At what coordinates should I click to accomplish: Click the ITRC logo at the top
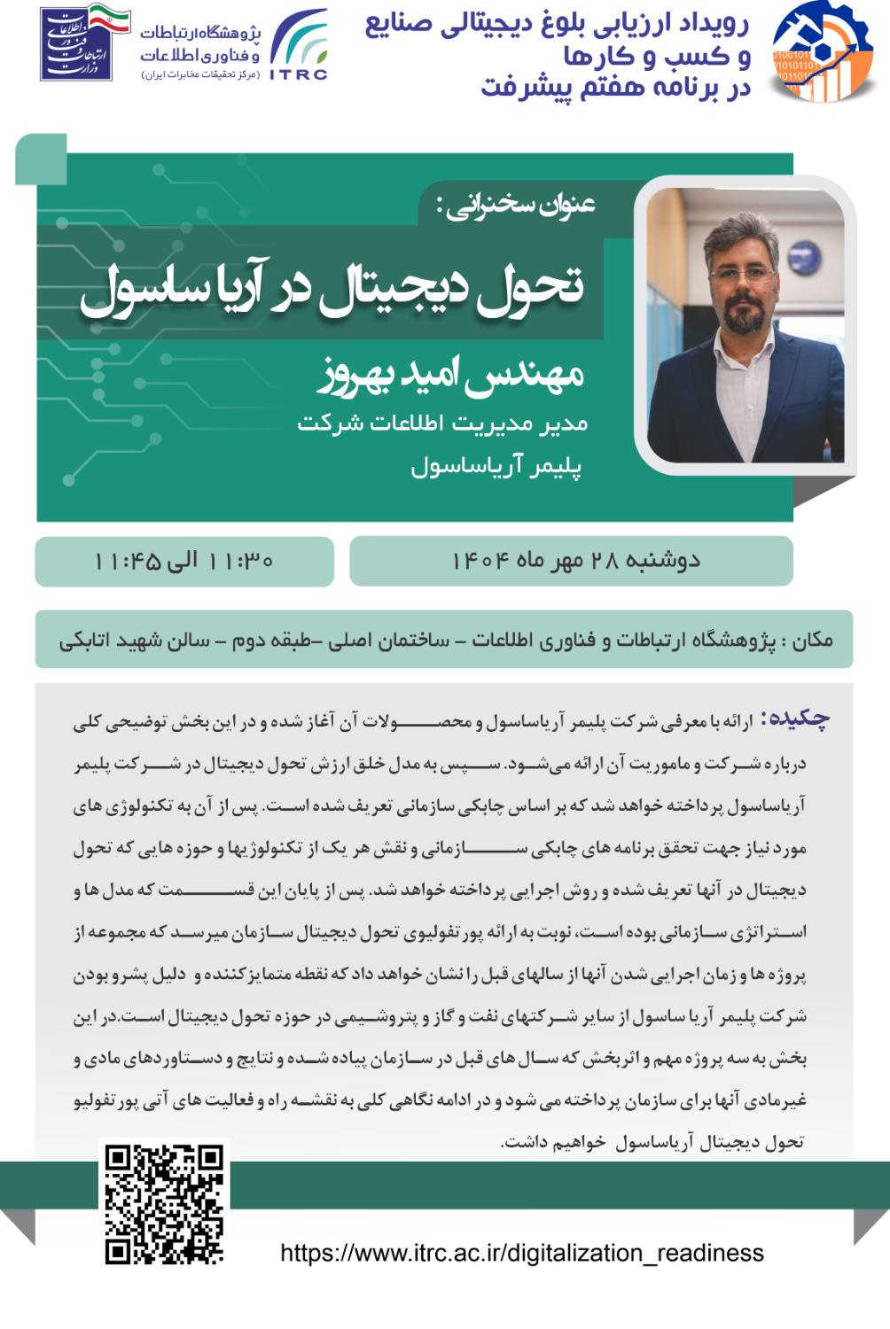(299, 44)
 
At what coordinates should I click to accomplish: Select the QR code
(164, 1203)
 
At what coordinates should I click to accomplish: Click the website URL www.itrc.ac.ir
(522, 1253)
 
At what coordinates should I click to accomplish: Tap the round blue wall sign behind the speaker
(804, 258)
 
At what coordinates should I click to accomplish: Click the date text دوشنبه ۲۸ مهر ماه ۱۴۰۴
(575, 561)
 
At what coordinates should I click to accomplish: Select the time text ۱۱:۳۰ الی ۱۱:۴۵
(183, 561)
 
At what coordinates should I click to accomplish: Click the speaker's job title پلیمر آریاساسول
(496, 466)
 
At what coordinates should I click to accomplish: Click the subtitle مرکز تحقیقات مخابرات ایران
(200, 74)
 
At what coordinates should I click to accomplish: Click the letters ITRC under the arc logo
(299, 74)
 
